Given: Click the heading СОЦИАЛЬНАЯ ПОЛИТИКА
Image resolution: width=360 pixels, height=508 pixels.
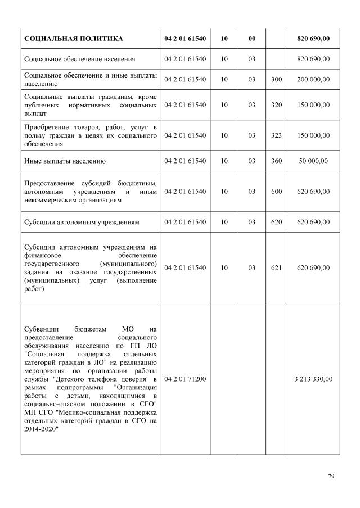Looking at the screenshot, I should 73,38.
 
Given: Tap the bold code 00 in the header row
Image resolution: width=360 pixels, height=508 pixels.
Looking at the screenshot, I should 251,38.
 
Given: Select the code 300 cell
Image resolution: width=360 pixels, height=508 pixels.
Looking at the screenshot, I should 276,80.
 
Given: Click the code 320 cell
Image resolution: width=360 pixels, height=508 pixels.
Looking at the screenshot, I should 276,105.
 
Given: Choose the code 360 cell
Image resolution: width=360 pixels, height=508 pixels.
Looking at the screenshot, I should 276,161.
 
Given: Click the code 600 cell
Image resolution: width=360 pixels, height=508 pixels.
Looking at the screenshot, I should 276,192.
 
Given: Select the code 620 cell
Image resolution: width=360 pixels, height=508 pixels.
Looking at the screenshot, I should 276,222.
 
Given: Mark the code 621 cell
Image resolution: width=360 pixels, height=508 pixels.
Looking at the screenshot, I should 276,268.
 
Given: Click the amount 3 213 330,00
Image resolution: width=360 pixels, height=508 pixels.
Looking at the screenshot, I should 313,379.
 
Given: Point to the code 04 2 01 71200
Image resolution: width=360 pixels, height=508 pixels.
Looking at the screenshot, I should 185,379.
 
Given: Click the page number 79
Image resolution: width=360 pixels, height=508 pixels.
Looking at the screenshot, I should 331,477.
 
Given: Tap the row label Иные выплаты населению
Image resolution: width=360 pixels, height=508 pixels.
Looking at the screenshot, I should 65,161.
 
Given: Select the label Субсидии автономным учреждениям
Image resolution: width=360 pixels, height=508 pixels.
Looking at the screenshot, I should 82,222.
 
